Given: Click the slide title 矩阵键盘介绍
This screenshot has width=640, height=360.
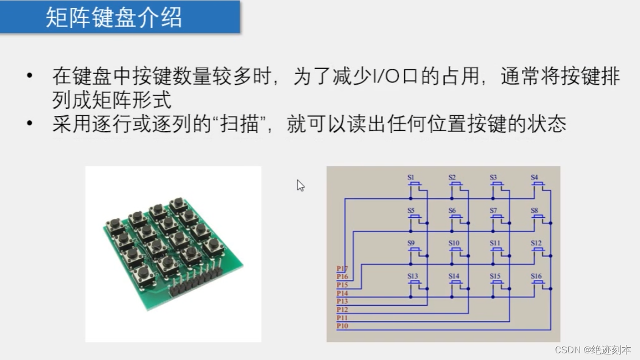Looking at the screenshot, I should [114, 17].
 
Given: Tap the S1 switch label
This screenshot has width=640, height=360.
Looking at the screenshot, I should [411, 177].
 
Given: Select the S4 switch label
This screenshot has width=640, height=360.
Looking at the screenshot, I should [535, 177].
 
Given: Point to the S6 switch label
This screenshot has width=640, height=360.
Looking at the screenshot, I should [452, 211].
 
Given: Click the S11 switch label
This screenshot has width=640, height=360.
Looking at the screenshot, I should [495, 243].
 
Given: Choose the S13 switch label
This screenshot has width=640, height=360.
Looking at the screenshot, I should [413, 276].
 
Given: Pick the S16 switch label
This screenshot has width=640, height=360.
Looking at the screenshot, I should [536, 276].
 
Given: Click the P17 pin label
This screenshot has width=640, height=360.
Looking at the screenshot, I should [342, 269].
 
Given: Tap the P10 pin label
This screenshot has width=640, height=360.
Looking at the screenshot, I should [342, 326].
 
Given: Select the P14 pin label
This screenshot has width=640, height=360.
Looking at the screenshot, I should [342, 293].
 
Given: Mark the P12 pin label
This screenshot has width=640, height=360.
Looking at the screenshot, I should [342, 310].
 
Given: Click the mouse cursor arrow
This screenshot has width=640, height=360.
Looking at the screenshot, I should [300, 185].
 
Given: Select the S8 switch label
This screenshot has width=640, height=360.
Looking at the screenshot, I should [535, 211].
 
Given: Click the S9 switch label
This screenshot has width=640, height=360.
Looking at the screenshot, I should [411, 243].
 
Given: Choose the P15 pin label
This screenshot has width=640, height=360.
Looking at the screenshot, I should [342, 285].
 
